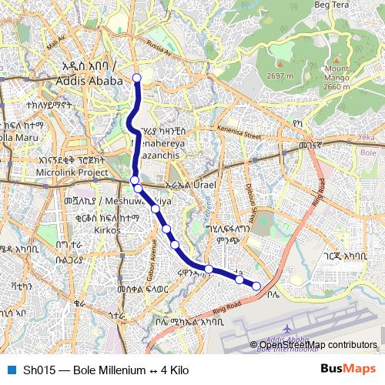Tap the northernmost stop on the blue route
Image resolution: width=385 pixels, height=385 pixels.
tap(137, 77)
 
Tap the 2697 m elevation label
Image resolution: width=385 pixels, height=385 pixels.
tap(280, 76)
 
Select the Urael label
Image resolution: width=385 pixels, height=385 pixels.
tap(202, 186)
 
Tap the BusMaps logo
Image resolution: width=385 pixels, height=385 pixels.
tap(346, 370)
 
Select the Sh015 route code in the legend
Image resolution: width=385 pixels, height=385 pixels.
tap(38, 370)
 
